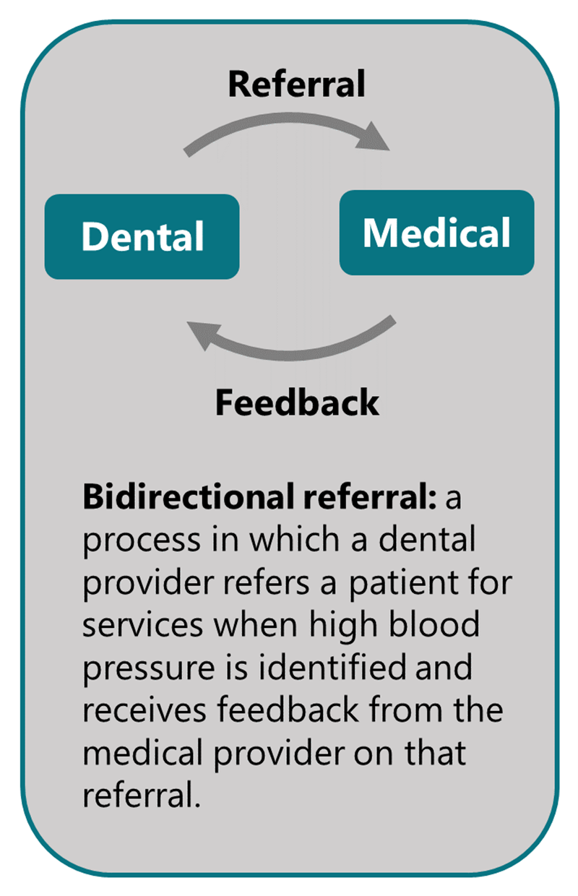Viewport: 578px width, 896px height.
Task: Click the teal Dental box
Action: (142, 236)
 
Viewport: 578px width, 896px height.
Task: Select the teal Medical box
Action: (436, 233)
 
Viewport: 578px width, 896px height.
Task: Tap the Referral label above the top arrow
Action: (296, 85)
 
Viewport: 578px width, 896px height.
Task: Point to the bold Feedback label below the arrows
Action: (296, 402)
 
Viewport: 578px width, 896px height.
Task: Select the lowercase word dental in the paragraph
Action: (429, 540)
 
